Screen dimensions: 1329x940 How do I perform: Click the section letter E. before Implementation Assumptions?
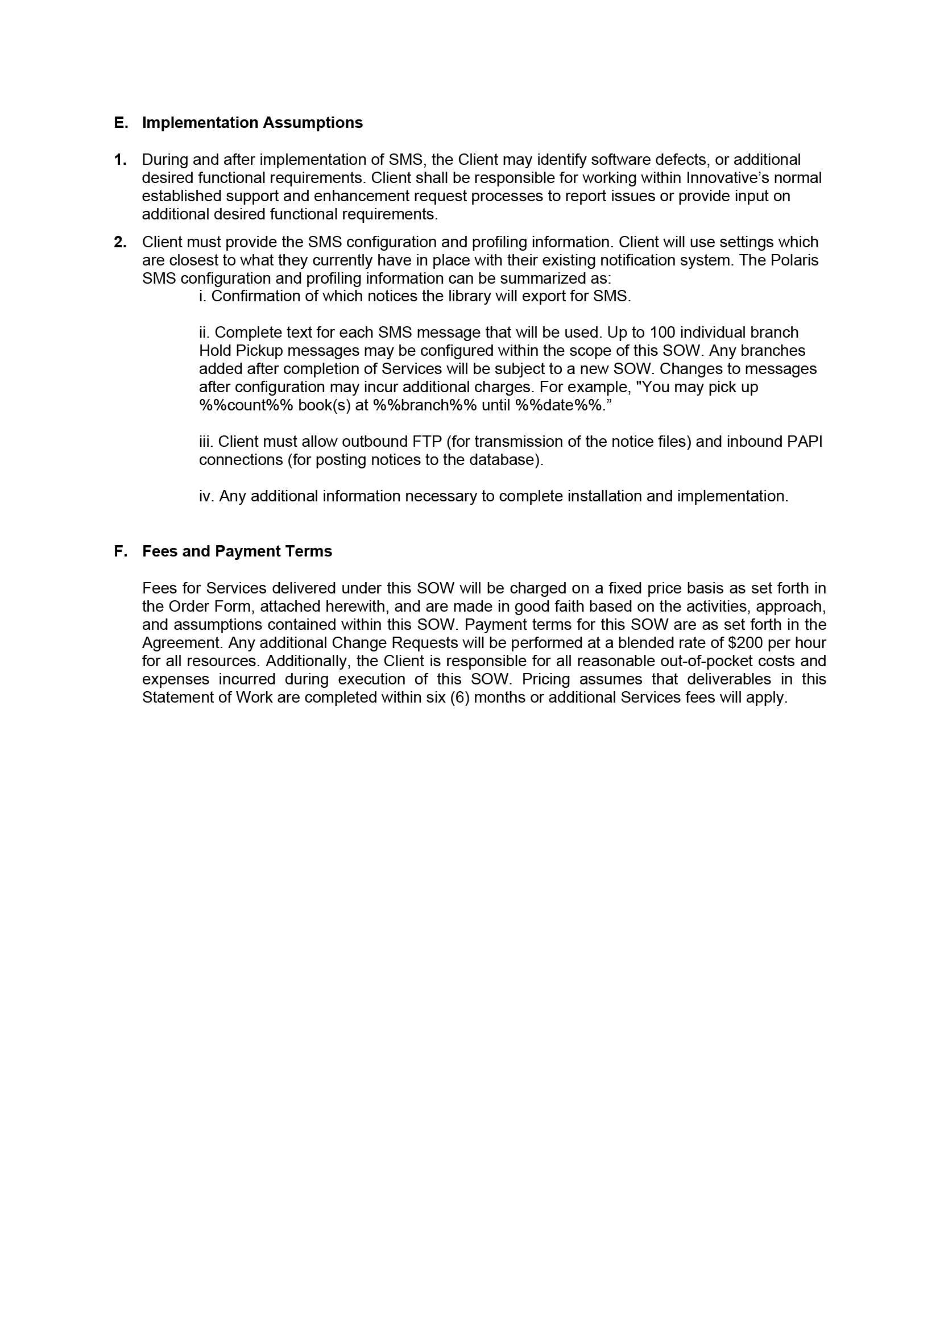[x=121, y=123]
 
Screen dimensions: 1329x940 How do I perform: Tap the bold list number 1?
[x=120, y=160]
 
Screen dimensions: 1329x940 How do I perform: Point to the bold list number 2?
[x=120, y=242]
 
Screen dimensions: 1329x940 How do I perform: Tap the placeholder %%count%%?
[x=246, y=405]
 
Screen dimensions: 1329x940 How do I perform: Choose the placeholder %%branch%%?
[x=425, y=405]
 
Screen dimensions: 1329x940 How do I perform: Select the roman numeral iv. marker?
[x=207, y=496]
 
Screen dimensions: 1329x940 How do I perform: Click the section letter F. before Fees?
[x=121, y=551]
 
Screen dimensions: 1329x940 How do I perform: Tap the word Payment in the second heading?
[x=242, y=551]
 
